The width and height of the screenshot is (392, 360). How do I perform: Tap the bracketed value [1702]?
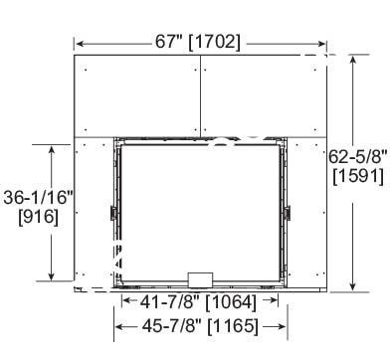click(214, 43)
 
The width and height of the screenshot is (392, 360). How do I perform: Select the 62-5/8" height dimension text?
click(358, 157)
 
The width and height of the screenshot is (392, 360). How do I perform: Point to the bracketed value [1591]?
click(358, 176)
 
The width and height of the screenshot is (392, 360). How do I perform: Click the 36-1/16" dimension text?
click(38, 198)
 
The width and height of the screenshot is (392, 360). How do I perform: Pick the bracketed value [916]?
click(39, 218)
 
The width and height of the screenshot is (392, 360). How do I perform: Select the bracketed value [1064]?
click(231, 303)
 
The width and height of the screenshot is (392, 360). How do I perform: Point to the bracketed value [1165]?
click(233, 327)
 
